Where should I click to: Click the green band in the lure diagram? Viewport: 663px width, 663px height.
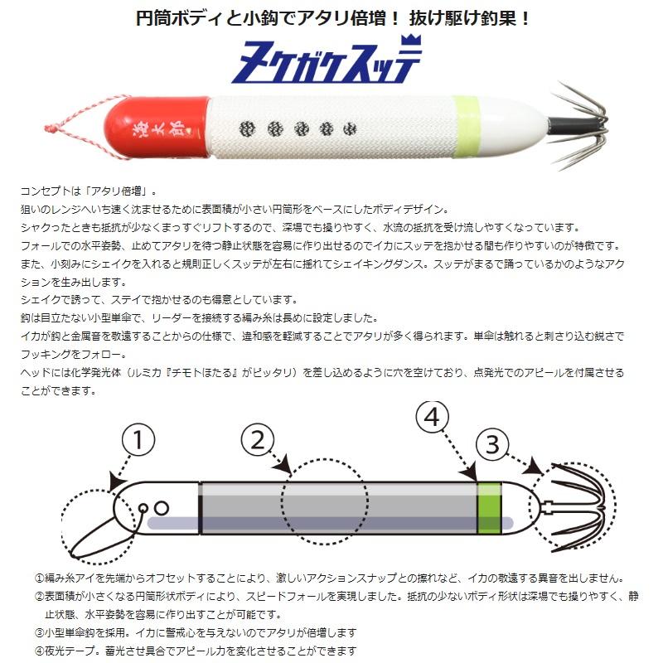pos(489,506)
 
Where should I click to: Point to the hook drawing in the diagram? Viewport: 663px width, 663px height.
pos(580,503)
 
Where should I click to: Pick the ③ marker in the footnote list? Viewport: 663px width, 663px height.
pos(40,632)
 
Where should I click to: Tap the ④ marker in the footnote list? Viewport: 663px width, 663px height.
pos(40,651)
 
